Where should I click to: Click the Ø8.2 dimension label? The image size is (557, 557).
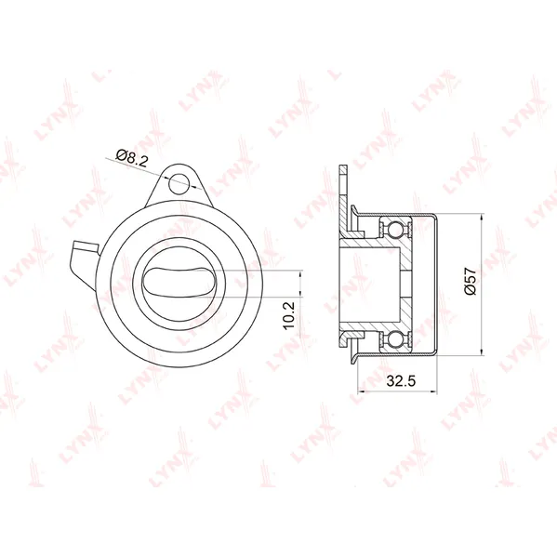[131, 157]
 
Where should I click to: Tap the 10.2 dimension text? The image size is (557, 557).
[289, 315]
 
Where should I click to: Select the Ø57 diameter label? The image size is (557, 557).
[470, 281]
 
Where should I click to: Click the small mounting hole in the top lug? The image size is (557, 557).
[179, 183]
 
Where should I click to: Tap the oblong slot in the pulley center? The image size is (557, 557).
[180, 282]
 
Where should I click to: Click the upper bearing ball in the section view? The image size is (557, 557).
[395, 229]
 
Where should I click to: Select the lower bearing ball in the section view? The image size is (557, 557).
[395, 340]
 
